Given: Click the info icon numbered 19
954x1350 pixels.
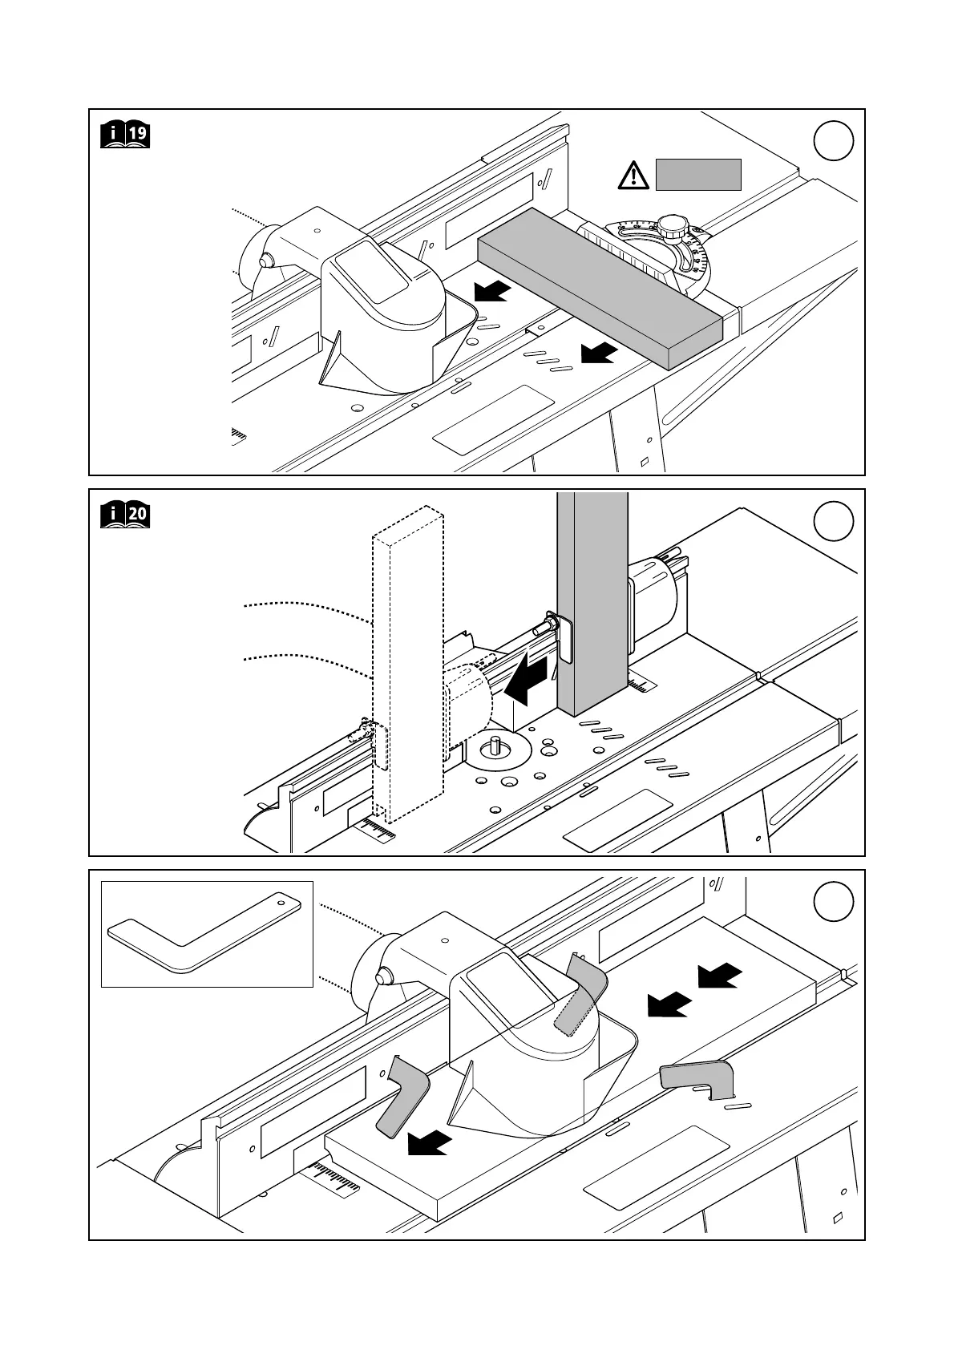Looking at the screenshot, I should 125,134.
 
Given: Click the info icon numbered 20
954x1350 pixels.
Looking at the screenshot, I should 125,514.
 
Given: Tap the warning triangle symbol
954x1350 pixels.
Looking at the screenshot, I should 634,175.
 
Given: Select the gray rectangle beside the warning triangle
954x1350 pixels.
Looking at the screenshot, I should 697,175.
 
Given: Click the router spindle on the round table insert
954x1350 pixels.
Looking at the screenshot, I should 496,745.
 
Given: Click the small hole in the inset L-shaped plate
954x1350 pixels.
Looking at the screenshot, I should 281,902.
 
